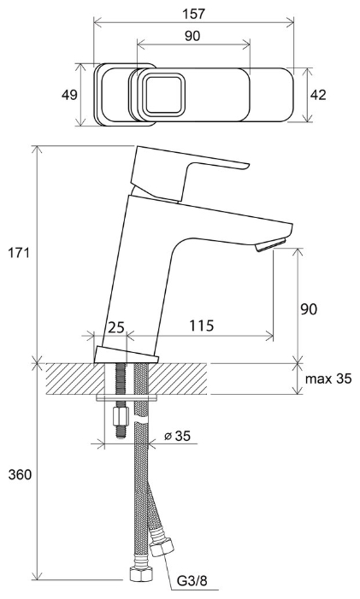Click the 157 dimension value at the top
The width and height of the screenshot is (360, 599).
(x=194, y=14)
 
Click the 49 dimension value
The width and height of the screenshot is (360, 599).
(x=69, y=95)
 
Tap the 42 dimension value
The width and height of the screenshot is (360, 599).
(x=318, y=95)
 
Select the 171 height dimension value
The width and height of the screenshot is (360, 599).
(x=19, y=253)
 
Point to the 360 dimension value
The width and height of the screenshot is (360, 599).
(x=20, y=475)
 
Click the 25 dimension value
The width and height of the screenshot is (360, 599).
(x=116, y=327)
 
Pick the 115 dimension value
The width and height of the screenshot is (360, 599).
(x=202, y=326)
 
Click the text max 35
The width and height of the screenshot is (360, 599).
(x=328, y=379)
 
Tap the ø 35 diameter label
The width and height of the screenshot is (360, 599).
(x=177, y=436)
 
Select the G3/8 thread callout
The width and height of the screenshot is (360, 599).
(x=192, y=581)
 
